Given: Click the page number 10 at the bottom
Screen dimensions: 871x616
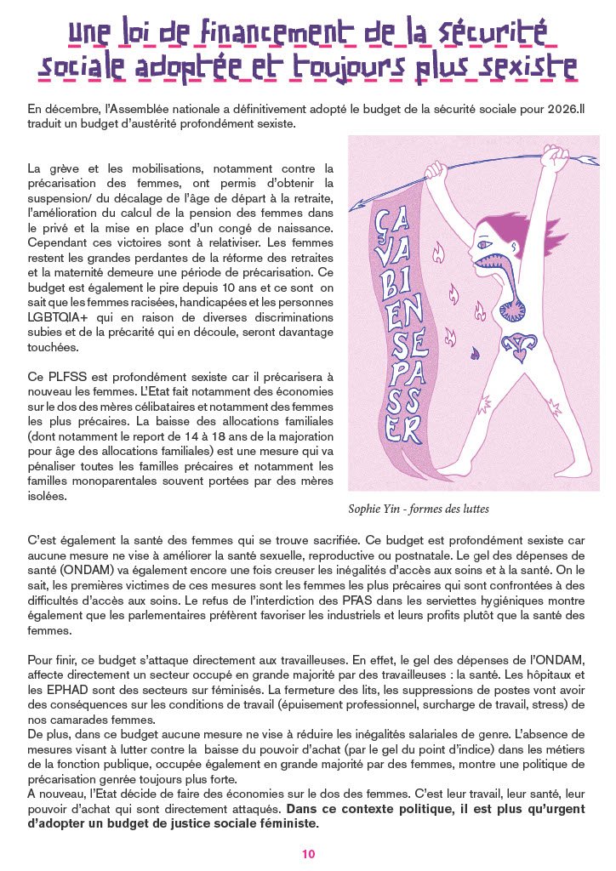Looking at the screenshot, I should [x=308, y=853].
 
